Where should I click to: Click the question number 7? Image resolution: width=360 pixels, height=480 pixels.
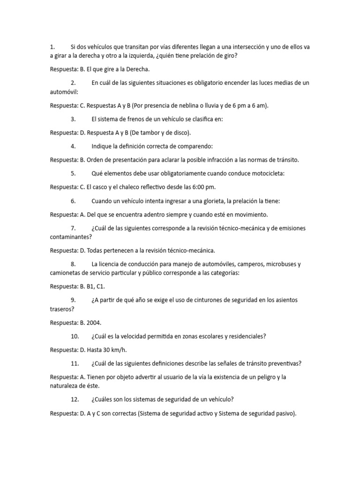(73, 228)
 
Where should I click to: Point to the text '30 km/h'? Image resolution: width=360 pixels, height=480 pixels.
(115, 349)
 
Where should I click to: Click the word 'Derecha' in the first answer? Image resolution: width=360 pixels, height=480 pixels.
(136, 69)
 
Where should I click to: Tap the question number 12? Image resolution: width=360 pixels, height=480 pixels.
(75, 399)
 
